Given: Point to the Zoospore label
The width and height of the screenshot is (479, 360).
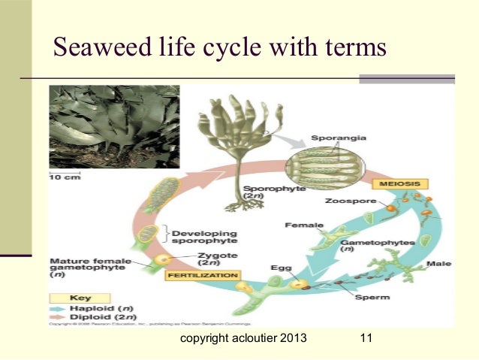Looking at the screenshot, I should pyautogui.click(x=345, y=201).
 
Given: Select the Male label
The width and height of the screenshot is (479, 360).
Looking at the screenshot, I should pyautogui.click(x=438, y=265).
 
